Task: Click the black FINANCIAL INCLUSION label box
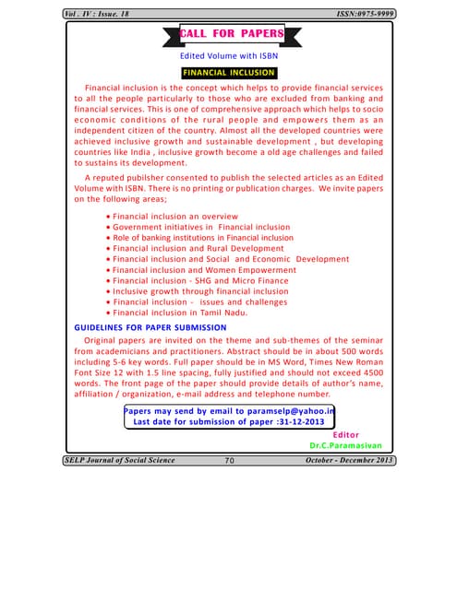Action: pos(229,72)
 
